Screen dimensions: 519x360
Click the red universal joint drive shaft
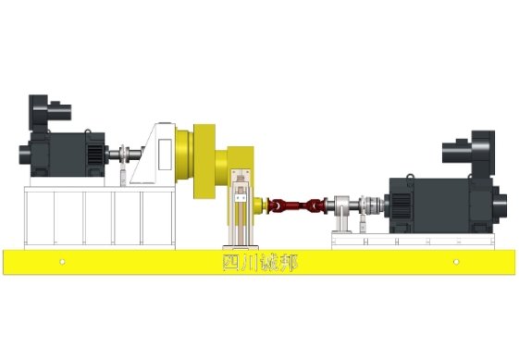[x=297, y=205]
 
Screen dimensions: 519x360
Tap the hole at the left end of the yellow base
[x=62, y=262]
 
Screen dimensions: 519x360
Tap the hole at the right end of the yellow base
[x=456, y=262]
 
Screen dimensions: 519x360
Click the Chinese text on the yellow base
[x=260, y=263]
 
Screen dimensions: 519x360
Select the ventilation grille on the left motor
[x=95, y=155]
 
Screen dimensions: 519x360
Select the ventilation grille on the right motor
[x=401, y=206]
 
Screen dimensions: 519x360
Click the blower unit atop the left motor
[x=50, y=113]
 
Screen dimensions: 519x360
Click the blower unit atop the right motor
[x=469, y=152]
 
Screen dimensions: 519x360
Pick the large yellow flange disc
[x=204, y=161]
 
